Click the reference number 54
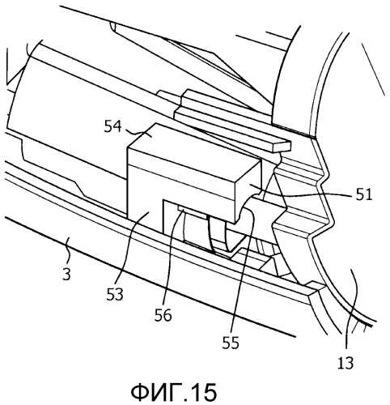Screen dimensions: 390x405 point(113,127)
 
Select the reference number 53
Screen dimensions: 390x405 point(115,295)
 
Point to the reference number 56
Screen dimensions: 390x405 point(163,315)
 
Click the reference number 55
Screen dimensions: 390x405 point(231,343)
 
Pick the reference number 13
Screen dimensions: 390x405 point(345,363)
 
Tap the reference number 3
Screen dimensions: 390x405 point(66,274)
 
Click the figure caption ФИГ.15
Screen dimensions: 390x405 point(174,392)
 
